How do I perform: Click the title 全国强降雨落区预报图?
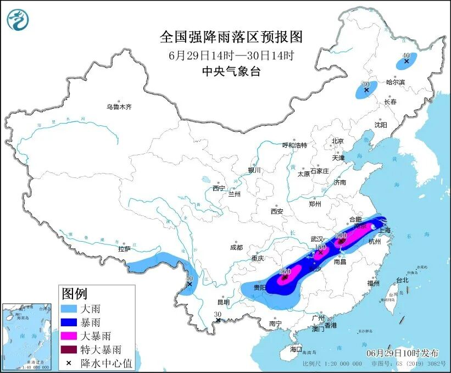[231, 37]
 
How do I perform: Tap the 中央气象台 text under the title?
[231, 71]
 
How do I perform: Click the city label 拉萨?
[124, 249]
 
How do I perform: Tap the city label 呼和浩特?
[294, 146]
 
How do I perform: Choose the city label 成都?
[236, 247]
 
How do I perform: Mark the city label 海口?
[296, 349]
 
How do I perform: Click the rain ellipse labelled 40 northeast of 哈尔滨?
[407, 60]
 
